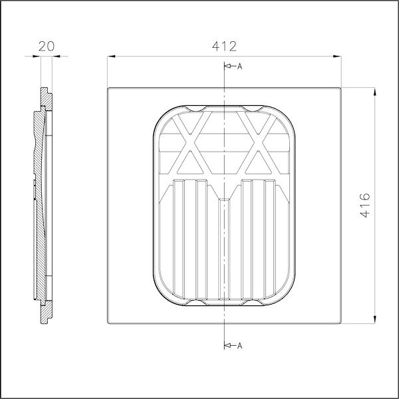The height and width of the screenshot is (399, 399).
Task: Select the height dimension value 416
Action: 364,206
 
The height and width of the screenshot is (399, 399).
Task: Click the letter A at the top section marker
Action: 239,66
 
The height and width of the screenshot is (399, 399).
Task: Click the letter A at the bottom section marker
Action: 239,345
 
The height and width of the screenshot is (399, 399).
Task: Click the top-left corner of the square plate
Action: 108,88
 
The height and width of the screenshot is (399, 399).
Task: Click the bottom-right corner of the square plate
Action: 340,325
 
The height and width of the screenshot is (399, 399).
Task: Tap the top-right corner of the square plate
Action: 340,88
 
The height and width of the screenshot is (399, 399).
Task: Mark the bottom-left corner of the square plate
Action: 108,325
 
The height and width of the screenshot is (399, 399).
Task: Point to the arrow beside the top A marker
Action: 229,66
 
